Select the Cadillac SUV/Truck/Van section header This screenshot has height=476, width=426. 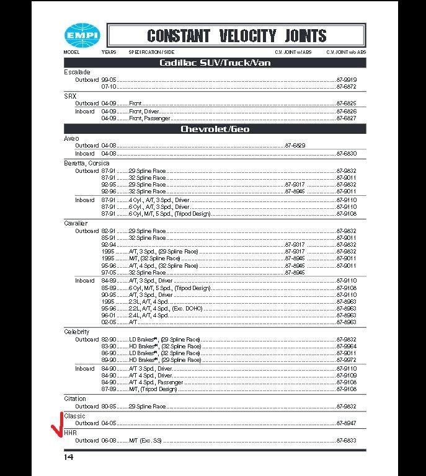pos(215,63)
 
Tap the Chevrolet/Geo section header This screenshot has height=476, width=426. pos(215,129)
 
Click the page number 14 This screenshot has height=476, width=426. pos(68,457)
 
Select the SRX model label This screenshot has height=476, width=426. pos(70,96)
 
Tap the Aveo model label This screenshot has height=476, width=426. pos(71,138)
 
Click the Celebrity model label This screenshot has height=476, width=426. pos(77,332)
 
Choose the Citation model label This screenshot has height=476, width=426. pos(75,399)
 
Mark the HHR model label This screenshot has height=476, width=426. pos(70,433)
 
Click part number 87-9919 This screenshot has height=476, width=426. pos(347,80)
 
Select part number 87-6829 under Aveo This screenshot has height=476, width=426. pos(295,146)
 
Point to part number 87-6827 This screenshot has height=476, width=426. pos(347,118)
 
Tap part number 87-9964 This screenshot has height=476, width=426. pos(347,346)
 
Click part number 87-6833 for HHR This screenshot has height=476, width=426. pos(347,440)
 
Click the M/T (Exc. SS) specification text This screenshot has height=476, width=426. pos(145,440)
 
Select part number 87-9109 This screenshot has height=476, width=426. pos(347,376)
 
